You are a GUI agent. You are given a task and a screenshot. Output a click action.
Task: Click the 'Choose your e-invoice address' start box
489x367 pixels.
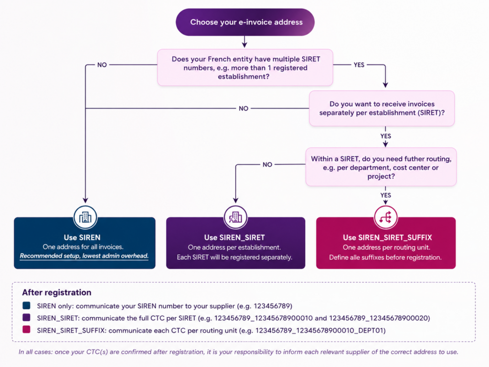tap(245, 22)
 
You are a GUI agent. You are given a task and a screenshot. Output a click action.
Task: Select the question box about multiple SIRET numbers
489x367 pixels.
tap(245, 67)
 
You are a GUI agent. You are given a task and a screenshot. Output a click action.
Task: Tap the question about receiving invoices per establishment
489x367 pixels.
tap(382, 108)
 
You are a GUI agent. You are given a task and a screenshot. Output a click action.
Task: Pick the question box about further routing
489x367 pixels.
tap(381, 167)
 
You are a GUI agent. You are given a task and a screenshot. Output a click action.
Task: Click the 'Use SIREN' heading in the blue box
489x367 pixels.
tap(82, 237)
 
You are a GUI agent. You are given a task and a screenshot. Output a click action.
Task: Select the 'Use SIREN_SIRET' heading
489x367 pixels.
tap(234, 237)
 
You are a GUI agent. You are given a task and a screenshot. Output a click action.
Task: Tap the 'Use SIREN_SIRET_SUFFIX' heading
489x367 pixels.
tap(387, 237)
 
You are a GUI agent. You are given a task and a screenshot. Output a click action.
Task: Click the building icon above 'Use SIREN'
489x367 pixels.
tap(85, 217)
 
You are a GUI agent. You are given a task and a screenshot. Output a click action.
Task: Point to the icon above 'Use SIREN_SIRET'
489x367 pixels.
tap(235, 217)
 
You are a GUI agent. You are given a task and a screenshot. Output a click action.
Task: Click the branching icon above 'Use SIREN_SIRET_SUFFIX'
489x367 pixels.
tap(385, 217)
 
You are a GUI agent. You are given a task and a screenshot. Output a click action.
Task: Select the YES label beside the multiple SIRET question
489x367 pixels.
tap(359, 65)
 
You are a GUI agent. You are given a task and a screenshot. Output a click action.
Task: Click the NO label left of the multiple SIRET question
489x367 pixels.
tap(102, 65)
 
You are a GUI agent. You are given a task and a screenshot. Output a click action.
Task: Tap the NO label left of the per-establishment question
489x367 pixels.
tap(244, 108)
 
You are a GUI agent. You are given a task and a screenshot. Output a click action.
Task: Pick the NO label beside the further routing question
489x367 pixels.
tap(267, 164)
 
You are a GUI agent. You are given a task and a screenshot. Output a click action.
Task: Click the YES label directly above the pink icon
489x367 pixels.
tap(386, 195)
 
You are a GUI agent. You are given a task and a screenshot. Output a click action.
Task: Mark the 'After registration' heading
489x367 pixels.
tap(57, 292)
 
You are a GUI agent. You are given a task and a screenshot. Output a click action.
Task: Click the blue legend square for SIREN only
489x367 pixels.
tap(27, 305)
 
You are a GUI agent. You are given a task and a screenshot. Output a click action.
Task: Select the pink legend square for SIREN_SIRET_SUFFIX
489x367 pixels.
tap(27, 330)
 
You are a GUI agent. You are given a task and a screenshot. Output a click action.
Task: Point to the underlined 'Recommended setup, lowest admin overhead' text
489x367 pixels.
tap(84, 256)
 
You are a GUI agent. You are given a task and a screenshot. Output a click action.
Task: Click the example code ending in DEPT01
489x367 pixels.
tap(320, 331)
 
